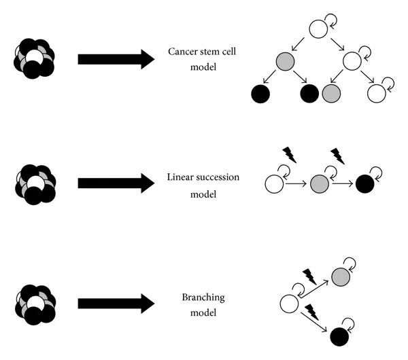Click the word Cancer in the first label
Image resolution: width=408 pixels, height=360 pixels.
coord(183,52)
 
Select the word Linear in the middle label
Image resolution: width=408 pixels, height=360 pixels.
coord(180,177)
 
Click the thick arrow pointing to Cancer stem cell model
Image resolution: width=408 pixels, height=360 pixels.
coord(116,59)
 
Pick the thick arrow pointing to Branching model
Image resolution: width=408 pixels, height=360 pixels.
coord(116,304)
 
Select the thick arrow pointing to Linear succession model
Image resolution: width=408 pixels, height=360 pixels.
coord(116,183)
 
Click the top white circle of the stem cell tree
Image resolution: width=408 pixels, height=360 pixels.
coord(318,29)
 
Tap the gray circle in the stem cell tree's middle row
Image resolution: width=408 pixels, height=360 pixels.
coord(285,61)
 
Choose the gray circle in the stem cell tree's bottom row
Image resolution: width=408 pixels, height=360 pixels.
coord(331,93)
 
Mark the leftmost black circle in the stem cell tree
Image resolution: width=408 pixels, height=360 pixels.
coord(260,94)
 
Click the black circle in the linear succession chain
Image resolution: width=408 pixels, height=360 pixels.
coord(364,184)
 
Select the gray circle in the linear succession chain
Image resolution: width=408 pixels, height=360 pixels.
coord(320,184)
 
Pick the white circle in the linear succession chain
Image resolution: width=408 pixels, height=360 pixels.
coord(274,184)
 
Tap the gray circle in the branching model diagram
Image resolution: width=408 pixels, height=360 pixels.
coord(341,277)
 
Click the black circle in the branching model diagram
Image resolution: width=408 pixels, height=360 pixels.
coord(339,337)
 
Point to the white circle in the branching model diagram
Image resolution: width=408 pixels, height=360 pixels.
coord(290,304)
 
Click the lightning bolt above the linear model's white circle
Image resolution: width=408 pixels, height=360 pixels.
coord(290,155)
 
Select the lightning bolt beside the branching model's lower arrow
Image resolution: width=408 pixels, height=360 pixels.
coord(311,312)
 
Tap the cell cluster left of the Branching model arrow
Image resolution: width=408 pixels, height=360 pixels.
coord(35,305)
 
